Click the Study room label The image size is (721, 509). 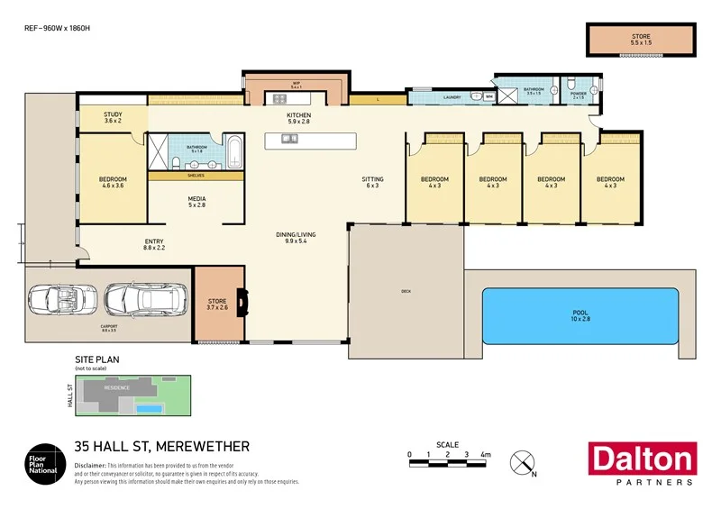(x=113, y=118)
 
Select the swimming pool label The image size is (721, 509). (x=580, y=315)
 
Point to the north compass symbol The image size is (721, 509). (x=523, y=463)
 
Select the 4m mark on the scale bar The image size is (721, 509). (x=485, y=455)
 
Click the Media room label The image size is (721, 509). (x=196, y=202)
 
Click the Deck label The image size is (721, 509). (x=406, y=291)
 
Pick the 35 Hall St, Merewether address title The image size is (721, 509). (x=161, y=446)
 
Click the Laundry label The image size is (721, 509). (x=452, y=97)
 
